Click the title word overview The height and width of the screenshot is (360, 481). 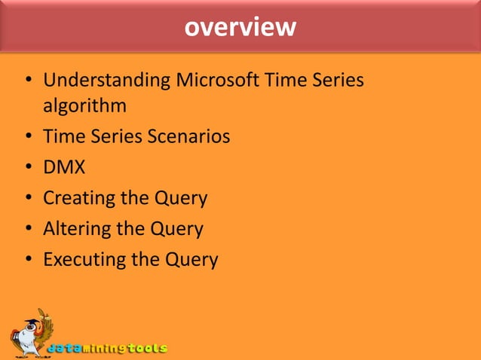(240, 27)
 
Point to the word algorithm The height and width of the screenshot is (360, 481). (84, 106)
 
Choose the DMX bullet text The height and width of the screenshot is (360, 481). (64, 168)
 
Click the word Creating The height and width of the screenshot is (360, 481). (79, 198)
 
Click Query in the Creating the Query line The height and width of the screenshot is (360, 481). (181, 199)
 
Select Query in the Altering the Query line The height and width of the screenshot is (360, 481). (177, 229)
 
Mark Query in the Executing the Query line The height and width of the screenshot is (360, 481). (191, 260)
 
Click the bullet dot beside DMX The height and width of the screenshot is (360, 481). (27, 169)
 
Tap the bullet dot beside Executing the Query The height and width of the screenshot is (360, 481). (27, 261)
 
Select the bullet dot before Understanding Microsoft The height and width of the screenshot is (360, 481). (27, 80)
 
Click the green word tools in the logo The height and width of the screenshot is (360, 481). (146, 349)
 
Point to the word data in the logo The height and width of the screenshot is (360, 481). (66, 349)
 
